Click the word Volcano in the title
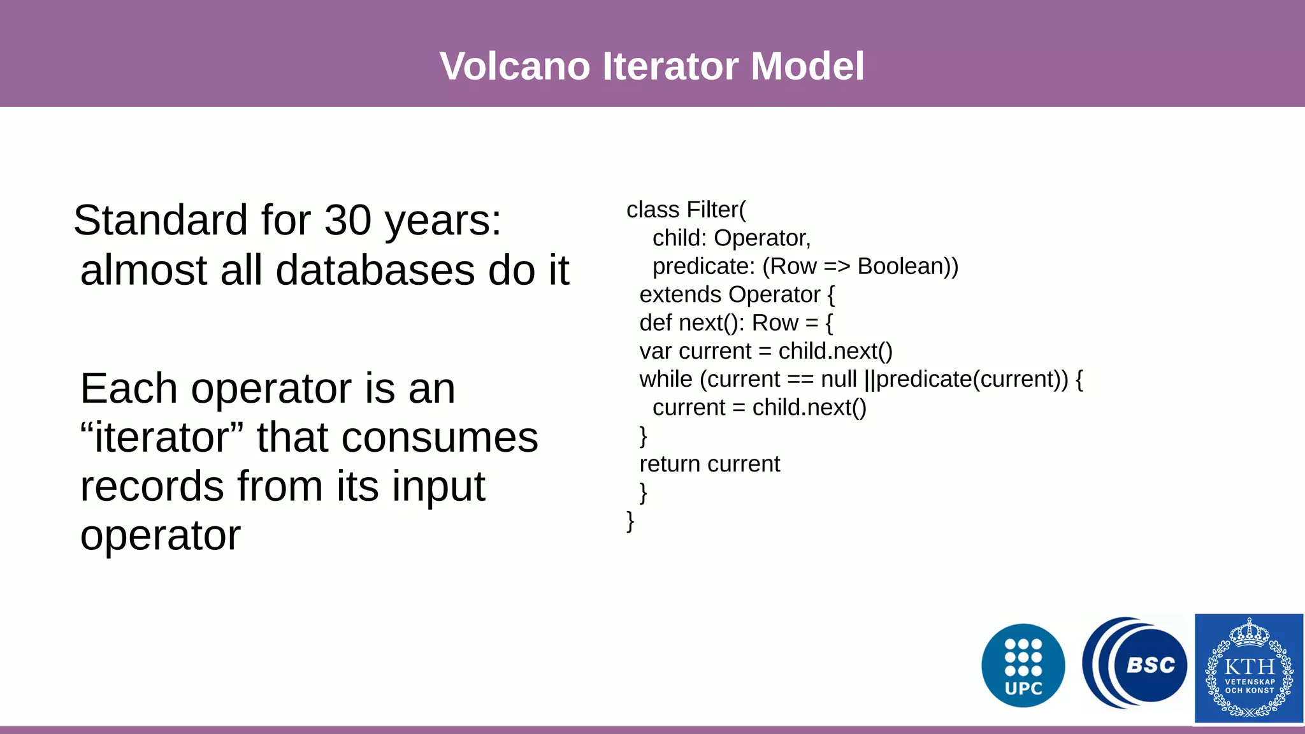tap(515, 66)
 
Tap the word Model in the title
tap(807, 66)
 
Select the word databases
tap(375, 271)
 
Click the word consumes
tap(439, 438)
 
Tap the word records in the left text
tap(152, 487)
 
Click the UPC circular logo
tap(1023, 666)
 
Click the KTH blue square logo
tap(1248, 668)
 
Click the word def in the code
tap(655, 323)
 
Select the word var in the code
tap(655, 352)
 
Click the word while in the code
tap(665, 380)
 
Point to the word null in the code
tap(838, 380)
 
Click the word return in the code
tap(669, 464)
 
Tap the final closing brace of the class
tap(630, 521)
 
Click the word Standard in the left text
tap(160, 221)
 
